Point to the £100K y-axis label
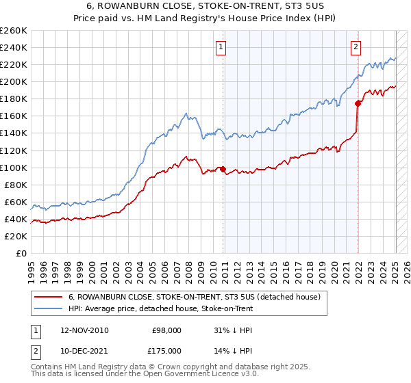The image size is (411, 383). tap(14, 168)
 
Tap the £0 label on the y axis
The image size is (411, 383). tap(21, 253)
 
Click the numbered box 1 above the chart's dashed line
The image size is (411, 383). tap(222, 47)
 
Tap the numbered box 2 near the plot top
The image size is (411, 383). tap(356, 47)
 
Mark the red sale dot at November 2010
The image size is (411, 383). tap(223, 169)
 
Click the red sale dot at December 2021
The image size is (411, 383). tap(358, 103)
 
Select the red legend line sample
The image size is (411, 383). tap(48, 298)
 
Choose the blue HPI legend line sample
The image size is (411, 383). tap(48, 309)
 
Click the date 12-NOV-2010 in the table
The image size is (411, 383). tap(84, 330)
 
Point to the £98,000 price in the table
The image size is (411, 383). tap(166, 330)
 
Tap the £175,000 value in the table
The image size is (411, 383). tap(166, 351)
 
